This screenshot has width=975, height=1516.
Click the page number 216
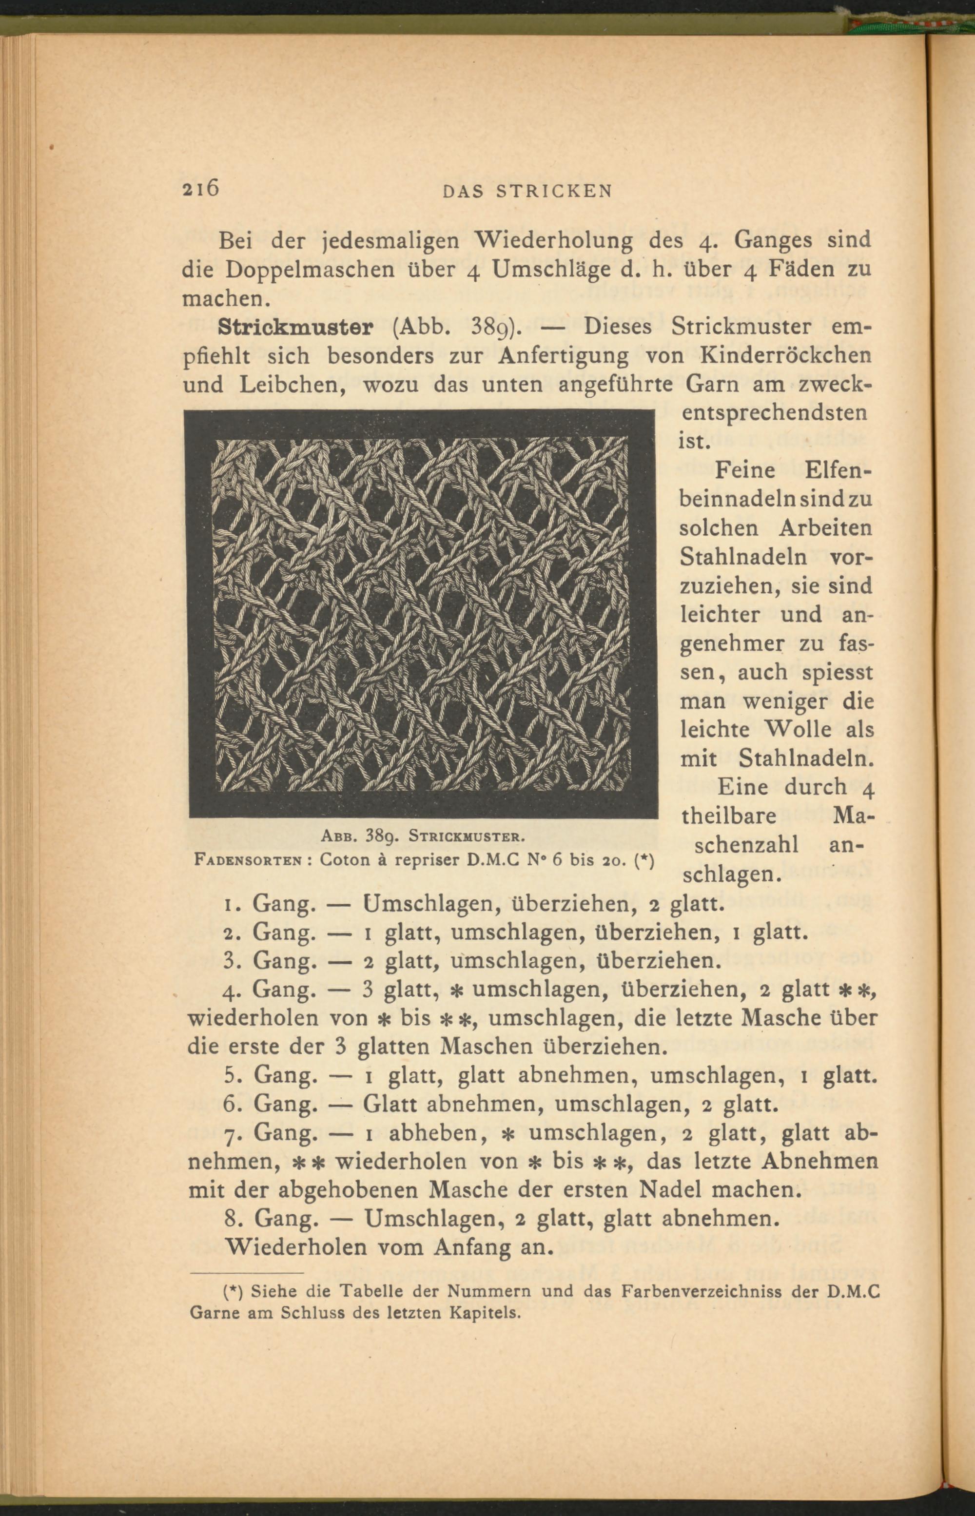click(x=200, y=189)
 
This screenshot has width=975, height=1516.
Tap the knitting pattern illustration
click(x=421, y=614)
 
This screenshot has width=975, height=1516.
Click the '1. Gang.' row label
click(x=269, y=903)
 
